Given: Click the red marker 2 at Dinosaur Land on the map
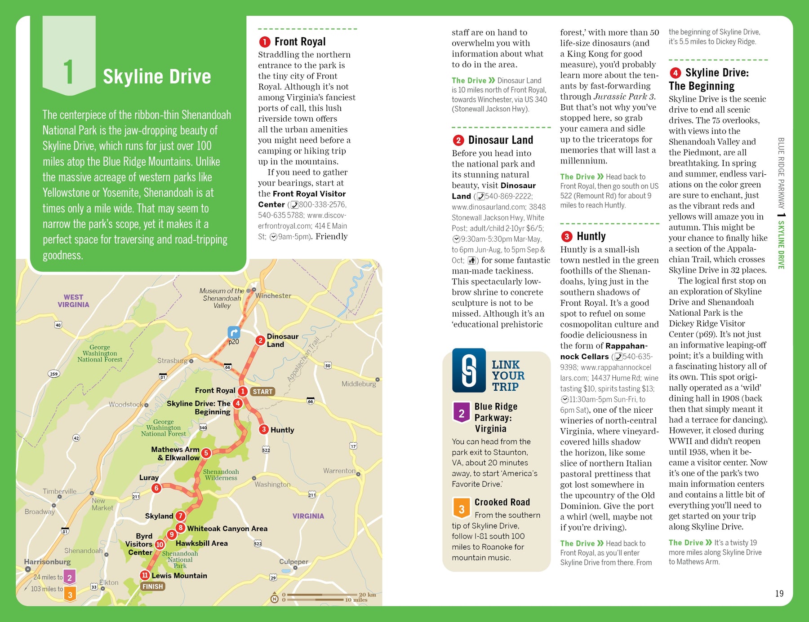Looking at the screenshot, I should [260, 340].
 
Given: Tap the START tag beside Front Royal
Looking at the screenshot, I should [262, 392].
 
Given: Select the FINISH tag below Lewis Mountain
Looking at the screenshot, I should [153, 587].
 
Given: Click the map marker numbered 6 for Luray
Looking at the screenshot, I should [156, 488].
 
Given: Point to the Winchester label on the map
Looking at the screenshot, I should [273, 296].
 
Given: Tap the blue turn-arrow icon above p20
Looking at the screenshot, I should [234, 332].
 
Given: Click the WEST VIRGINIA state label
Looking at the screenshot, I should [73, 301].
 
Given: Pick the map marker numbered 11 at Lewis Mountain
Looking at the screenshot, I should [145, 575].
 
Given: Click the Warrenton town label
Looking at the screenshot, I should [339, 471].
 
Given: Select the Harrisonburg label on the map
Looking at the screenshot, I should [47, 562].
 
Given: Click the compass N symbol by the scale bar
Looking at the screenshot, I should [274, 598].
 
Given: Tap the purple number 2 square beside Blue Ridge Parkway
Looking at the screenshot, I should [462, 413].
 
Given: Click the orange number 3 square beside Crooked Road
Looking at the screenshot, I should [462, 509].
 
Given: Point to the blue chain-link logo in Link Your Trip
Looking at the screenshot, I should [469, 371].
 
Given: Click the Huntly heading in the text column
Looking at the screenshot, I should [591, 236].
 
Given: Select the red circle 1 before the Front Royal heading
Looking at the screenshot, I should [264, 42].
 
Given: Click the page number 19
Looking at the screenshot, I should [779, 594].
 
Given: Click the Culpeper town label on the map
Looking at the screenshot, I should [293, 562].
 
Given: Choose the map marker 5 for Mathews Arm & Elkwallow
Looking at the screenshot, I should [206, 453].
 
